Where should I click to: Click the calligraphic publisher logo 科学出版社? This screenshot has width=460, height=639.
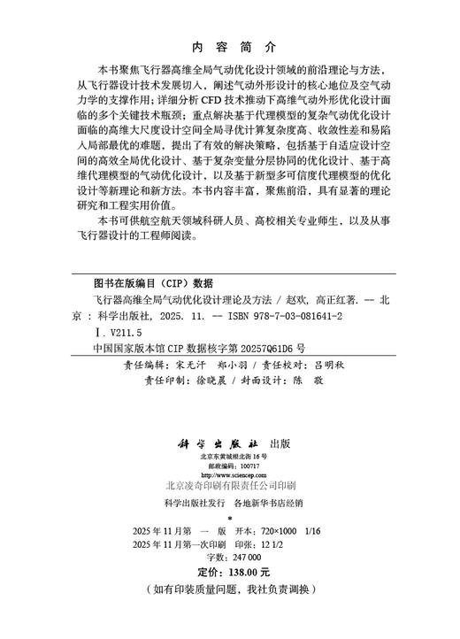[x=209, y=441]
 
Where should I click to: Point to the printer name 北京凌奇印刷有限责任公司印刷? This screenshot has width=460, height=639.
[x=231, y=486]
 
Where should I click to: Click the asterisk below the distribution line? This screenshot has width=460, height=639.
[x=229, y=518]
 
